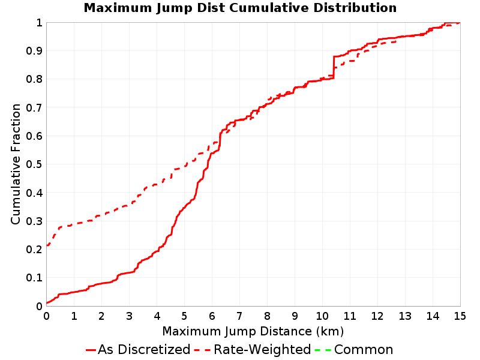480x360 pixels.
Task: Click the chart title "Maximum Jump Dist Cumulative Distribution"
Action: coord(240,8)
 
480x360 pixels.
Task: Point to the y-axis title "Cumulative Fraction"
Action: coord(16,164)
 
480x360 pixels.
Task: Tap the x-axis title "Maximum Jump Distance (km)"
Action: coord(253,332)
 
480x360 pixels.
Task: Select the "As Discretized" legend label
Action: coord(144,350)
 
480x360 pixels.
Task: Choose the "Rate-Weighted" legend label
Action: coord(262,350)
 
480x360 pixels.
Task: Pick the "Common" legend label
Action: coord(364,350)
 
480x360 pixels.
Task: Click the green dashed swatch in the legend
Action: coord(323,350)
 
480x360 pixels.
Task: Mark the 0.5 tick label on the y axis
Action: coord(34,164)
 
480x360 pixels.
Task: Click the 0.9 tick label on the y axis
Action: coord(34,51)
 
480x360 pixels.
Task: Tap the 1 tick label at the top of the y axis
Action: coord(39,23)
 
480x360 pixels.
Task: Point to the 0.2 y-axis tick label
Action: coord(34,250)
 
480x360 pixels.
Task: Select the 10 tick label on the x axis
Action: coord(322,316)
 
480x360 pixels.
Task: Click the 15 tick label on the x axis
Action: coord(460,316)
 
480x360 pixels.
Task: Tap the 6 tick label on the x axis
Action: coord(212,316)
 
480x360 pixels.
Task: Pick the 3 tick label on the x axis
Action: coord(129,316)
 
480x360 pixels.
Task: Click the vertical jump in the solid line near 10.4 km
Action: coord(334,68)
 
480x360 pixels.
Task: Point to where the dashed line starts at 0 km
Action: coord(47,245)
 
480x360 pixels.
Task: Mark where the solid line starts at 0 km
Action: coord(47,303)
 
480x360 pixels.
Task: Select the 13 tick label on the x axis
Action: coord(404,316)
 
